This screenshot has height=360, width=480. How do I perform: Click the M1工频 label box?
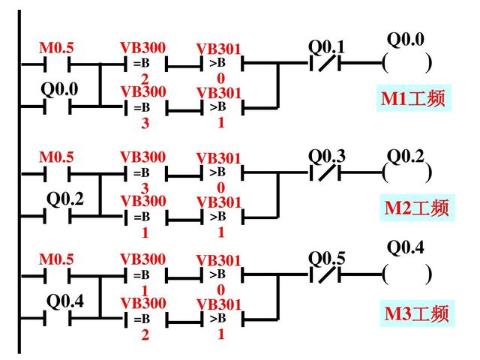[414, 98]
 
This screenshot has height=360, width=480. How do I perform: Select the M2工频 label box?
[417, 207]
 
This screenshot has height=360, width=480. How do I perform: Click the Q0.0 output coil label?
[405, 38]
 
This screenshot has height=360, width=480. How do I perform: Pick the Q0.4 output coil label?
[405, 247]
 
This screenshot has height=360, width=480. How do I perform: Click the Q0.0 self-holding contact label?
[59, 89]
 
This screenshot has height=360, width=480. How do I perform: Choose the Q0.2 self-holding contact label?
[65, 199]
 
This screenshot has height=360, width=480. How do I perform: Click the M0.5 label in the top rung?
[56, 48]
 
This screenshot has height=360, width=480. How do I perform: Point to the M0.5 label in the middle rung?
[56, 157]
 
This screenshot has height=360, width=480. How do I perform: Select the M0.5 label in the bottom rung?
[56, 259]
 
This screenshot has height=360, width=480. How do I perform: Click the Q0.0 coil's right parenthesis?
[428, 63]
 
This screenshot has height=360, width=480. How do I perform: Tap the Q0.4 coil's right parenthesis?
[428, 274]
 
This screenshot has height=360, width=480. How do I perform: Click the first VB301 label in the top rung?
[219, 49]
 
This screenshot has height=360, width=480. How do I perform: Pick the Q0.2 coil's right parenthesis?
[428, 172]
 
